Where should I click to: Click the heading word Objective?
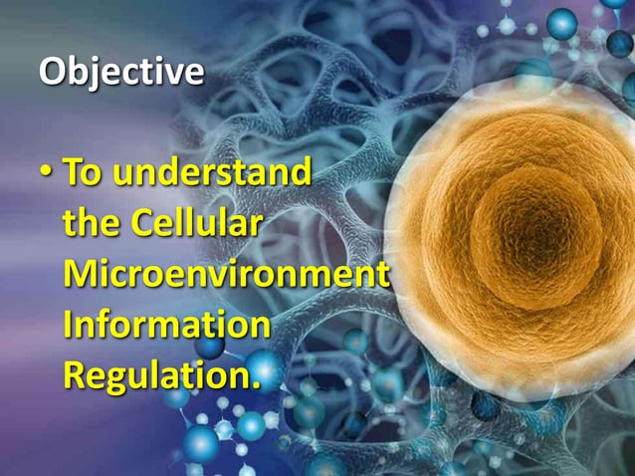tap(120, 73)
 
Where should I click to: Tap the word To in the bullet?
tap(83, 172)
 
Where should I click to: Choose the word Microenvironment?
tap(225, 275)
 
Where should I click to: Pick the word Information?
tap(166, 326)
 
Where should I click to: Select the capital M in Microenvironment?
tap(82, 275)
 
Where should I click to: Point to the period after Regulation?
tap(255, 386)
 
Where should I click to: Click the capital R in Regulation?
tap(76, 376)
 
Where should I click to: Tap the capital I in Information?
tap(69, 326)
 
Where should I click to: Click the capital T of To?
tap(73, 172)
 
